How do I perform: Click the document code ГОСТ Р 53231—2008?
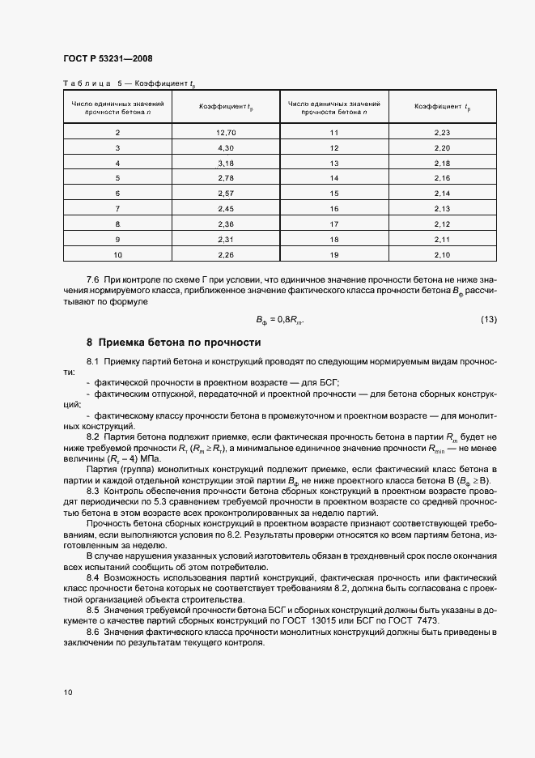coord(107,58)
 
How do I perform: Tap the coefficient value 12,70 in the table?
coord(226,132)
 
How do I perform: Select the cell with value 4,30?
coord(226,147)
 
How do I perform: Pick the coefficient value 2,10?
coord(442,255)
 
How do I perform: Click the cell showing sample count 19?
coord(333,255)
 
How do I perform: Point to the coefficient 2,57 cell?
coord(226,194)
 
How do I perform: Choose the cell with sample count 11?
coord(333,132)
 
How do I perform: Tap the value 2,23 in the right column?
coord(442,132)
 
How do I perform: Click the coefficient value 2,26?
coord(226,255)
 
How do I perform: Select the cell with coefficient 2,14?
coord(442,194)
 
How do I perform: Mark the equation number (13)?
coord(488,319)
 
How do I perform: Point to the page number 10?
coord(66,692)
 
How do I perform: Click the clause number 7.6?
coord(92,279)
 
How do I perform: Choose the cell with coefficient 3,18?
coord(226,163)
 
